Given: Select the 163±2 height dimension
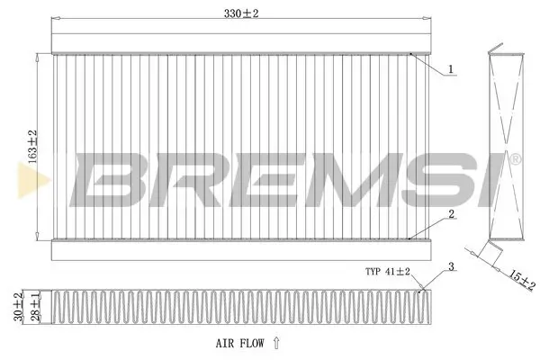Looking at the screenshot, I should [32, 145].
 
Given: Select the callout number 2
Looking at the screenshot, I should [451, 214].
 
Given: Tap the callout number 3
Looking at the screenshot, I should [450, 266].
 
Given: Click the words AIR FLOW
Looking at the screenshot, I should [239, 342].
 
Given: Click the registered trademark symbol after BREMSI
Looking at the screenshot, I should [515, 160].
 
